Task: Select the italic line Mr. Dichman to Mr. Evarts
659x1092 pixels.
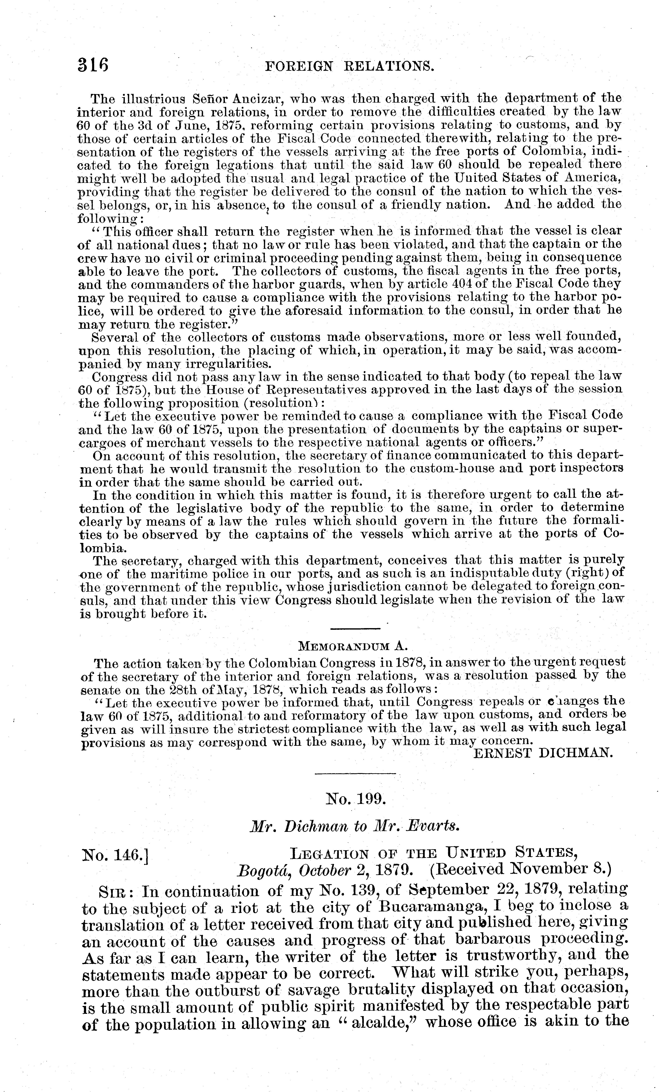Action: coord(354,826)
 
